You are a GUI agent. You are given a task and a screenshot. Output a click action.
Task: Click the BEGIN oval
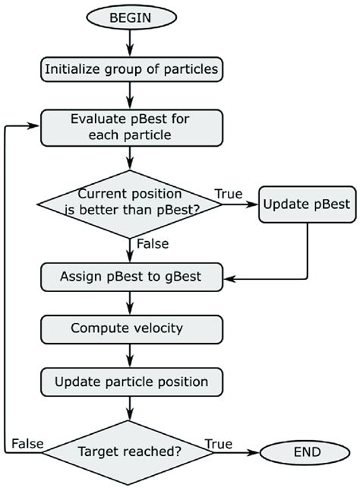131,17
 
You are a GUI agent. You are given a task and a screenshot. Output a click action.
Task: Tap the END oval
305,452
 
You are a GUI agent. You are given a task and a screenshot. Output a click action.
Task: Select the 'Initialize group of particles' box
131,69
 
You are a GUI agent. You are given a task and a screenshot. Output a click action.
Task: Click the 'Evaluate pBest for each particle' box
131,128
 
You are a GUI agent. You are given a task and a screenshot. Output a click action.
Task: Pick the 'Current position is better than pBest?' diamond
130,204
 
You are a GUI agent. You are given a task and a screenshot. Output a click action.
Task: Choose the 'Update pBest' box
307,204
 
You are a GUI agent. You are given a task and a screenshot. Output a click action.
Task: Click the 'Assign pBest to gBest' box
131,277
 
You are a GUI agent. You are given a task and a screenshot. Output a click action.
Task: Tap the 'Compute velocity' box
131,329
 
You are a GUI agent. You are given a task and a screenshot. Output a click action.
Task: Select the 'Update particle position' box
131,382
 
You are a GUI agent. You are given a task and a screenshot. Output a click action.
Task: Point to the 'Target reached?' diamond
128,452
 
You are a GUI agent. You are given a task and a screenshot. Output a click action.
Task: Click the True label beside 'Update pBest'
229,194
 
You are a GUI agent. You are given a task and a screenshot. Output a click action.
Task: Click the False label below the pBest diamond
153,244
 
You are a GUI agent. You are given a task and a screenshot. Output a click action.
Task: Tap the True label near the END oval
219,444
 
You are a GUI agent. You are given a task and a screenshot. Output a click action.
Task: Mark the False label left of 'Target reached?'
27,444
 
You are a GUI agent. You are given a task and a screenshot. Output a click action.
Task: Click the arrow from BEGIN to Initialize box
130,43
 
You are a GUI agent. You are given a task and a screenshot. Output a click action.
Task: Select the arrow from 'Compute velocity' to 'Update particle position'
130,356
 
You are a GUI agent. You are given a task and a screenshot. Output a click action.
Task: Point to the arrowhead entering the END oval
254,452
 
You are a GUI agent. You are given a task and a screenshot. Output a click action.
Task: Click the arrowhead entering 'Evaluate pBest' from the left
34,125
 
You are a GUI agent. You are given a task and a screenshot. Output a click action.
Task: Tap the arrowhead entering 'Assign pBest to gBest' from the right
229,279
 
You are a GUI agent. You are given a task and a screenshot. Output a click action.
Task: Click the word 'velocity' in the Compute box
158,328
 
